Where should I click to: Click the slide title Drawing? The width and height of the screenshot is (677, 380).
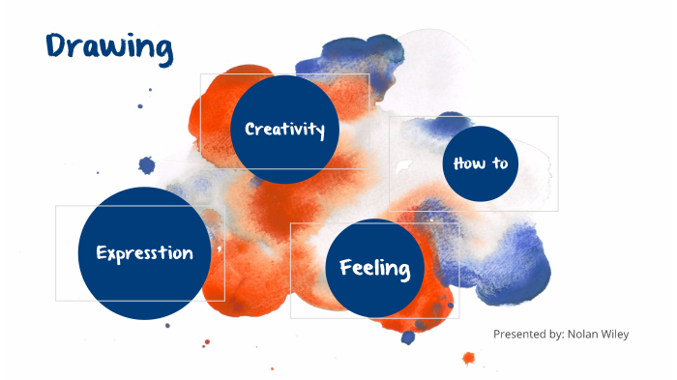(109, 46)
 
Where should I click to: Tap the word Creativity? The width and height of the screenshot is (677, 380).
(284, 129)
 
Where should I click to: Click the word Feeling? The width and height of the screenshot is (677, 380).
(375, 268)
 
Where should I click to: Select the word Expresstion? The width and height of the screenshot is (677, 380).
(144, 253)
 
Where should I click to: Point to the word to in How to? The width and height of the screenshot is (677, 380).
(499, 162)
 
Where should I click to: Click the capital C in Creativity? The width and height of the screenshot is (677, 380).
(250, 129)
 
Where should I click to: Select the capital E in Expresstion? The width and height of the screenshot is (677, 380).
(101, 253)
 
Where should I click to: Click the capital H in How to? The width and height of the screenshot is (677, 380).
(459, 162)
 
